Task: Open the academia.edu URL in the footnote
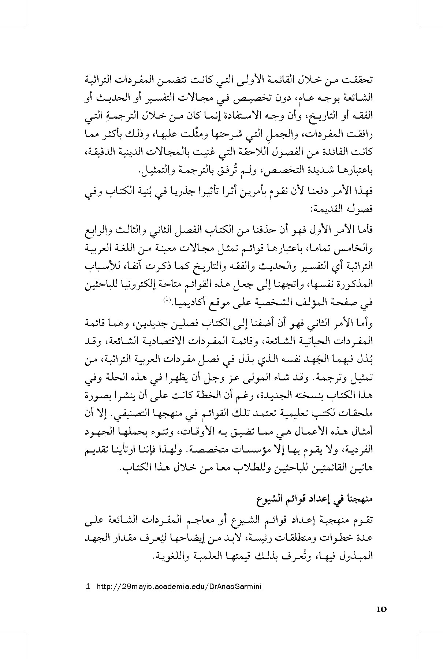tap(179, 587)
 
